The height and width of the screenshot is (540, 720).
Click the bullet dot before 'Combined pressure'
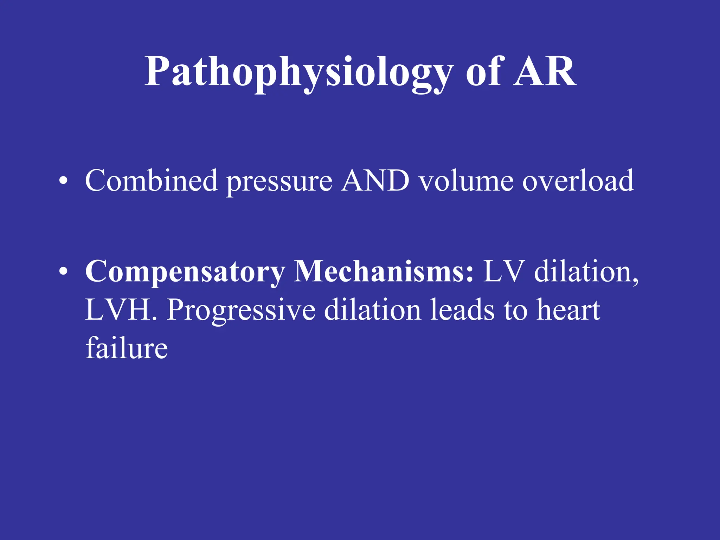click(x=63, y=181)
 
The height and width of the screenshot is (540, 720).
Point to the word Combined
click(x=151, y=181)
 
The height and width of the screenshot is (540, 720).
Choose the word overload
click(x=578, y=181)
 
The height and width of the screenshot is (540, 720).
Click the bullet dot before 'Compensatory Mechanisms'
click(x=63, y=271)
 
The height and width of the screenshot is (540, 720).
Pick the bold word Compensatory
click(x=185, y=273)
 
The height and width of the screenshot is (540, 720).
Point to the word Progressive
click(x=241, y=311)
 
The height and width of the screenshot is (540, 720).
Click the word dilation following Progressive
click(x=372, y=310)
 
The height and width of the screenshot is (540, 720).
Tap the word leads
click(x=462, y=310)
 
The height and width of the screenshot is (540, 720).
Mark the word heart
click(x=568, y=310)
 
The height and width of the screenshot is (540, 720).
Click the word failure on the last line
click(x=127, y=348)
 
